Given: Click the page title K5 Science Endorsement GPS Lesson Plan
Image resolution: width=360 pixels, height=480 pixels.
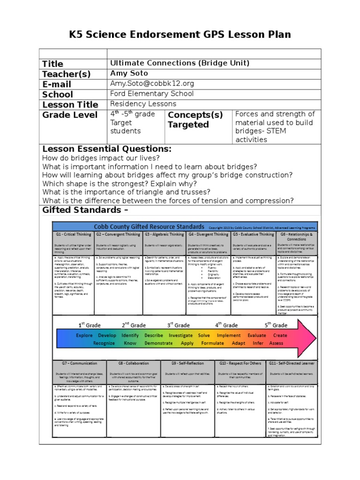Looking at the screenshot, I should click(x=180, y=34).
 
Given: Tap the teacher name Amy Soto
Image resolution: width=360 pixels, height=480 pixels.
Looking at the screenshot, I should click(x=129, y=73).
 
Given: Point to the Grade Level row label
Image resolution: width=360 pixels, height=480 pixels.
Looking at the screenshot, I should click(x=70, y=115).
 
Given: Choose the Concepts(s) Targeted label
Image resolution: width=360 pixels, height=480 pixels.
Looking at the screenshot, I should click(x=195, y=120).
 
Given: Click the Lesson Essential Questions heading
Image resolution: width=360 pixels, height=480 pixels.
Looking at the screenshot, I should click(x=107, y=149).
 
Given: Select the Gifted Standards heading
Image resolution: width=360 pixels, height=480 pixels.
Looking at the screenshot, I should click(x=84, y=210).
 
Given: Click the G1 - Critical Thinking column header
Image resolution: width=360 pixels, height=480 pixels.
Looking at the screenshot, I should click(x=74, y=234).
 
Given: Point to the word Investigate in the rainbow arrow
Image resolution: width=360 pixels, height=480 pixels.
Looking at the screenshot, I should click(x=180, y=335).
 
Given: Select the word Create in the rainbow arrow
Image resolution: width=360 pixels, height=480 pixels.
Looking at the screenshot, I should click(x=280, y=335).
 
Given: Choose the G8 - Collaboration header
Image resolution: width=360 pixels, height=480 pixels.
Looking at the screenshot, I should click(x=133, y=363).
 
